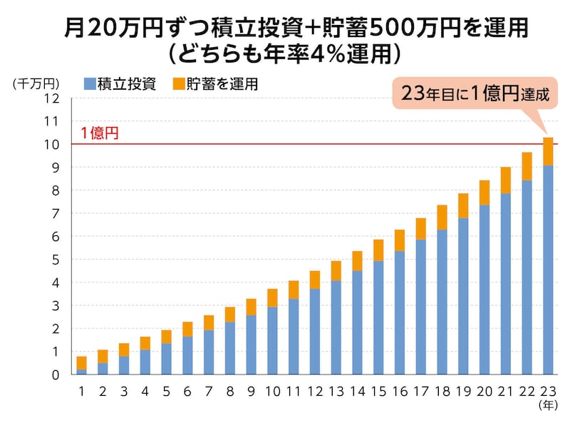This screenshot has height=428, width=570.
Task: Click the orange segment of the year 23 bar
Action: [548, 151]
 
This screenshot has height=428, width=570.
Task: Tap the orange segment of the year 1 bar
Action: [81, 363]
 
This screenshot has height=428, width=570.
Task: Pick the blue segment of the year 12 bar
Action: [314, 332]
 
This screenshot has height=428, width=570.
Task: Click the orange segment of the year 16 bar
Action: [400, 240]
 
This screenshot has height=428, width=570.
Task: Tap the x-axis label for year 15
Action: [378, 392]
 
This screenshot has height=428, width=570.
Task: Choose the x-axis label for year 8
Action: [230, 392]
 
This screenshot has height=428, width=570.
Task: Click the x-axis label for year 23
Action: [548, 392]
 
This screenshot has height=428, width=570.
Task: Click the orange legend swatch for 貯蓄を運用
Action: [177, 84]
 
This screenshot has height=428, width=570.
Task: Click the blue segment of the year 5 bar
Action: [166, 359]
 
